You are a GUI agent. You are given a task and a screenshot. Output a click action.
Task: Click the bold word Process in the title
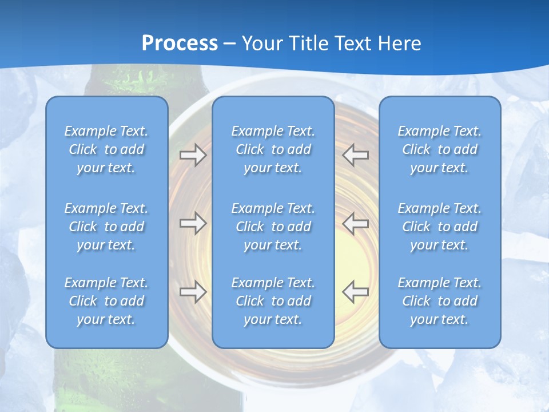tap(180, 43)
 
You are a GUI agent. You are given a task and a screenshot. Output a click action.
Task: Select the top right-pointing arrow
tap(193, 155)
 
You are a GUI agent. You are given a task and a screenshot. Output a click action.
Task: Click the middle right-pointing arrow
tap(193, 223)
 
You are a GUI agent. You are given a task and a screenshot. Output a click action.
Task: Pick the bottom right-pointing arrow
tap(193, 291)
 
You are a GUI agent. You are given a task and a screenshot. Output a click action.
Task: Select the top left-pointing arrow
tap(356, 155)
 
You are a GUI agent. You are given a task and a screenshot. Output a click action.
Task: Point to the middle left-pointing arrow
tap(356, 223)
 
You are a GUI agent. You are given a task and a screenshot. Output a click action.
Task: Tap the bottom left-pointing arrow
tap(356, 291)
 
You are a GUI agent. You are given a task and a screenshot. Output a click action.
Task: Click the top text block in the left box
tap(106, 149)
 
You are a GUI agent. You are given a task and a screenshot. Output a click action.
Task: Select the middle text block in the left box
tap(106, 227)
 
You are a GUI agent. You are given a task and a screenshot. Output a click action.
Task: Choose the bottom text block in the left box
tap(106, 301)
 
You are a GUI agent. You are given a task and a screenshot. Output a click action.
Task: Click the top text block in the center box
tap(273, 149)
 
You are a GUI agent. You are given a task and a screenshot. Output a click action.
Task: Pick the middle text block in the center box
tap(273, 227)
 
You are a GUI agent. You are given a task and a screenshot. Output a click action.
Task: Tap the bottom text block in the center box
tap(273, 301)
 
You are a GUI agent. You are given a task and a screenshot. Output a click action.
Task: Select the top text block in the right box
tap(439, 149)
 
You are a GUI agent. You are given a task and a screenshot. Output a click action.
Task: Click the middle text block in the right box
tap(439, 227)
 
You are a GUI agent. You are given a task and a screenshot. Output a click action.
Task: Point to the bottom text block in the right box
tap(439, 301)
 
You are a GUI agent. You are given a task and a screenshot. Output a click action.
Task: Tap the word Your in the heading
tap(264, 43)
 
